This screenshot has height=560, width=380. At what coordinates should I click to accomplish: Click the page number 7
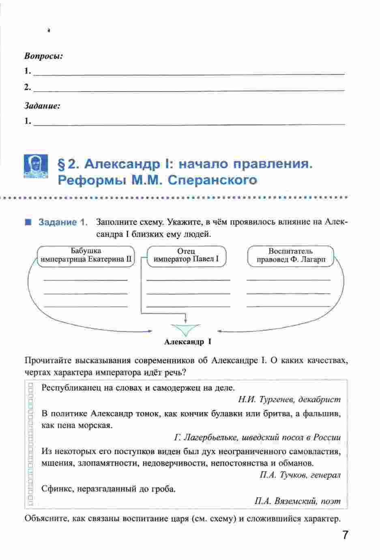point(345,535)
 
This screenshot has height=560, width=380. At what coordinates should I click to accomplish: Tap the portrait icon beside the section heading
point(35,167)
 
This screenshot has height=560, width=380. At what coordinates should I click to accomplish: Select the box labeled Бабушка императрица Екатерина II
point(86,256)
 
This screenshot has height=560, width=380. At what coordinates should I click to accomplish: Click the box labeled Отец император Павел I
point(186,256)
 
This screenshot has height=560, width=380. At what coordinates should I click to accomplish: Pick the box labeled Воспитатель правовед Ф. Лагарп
point(290,256)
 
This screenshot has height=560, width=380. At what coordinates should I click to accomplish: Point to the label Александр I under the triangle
point(188,342)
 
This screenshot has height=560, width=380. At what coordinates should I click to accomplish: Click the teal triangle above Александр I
point(185,329)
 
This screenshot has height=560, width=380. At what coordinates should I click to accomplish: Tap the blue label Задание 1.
point(63,222)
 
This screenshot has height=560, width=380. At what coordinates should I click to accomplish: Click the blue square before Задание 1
point(28,222)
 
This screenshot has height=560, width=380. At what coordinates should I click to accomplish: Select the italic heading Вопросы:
point(43,56)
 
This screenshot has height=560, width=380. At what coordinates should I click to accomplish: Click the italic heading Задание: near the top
point(42,106)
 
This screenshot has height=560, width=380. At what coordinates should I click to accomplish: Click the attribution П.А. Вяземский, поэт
point(298,501)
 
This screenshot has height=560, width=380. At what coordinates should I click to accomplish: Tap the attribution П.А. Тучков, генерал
point(300,475)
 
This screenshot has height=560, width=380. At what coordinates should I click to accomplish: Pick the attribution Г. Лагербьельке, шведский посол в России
point(257,438)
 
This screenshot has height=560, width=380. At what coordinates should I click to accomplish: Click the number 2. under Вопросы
point(28,87)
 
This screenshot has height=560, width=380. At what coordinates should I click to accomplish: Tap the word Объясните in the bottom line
point(47,519)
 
